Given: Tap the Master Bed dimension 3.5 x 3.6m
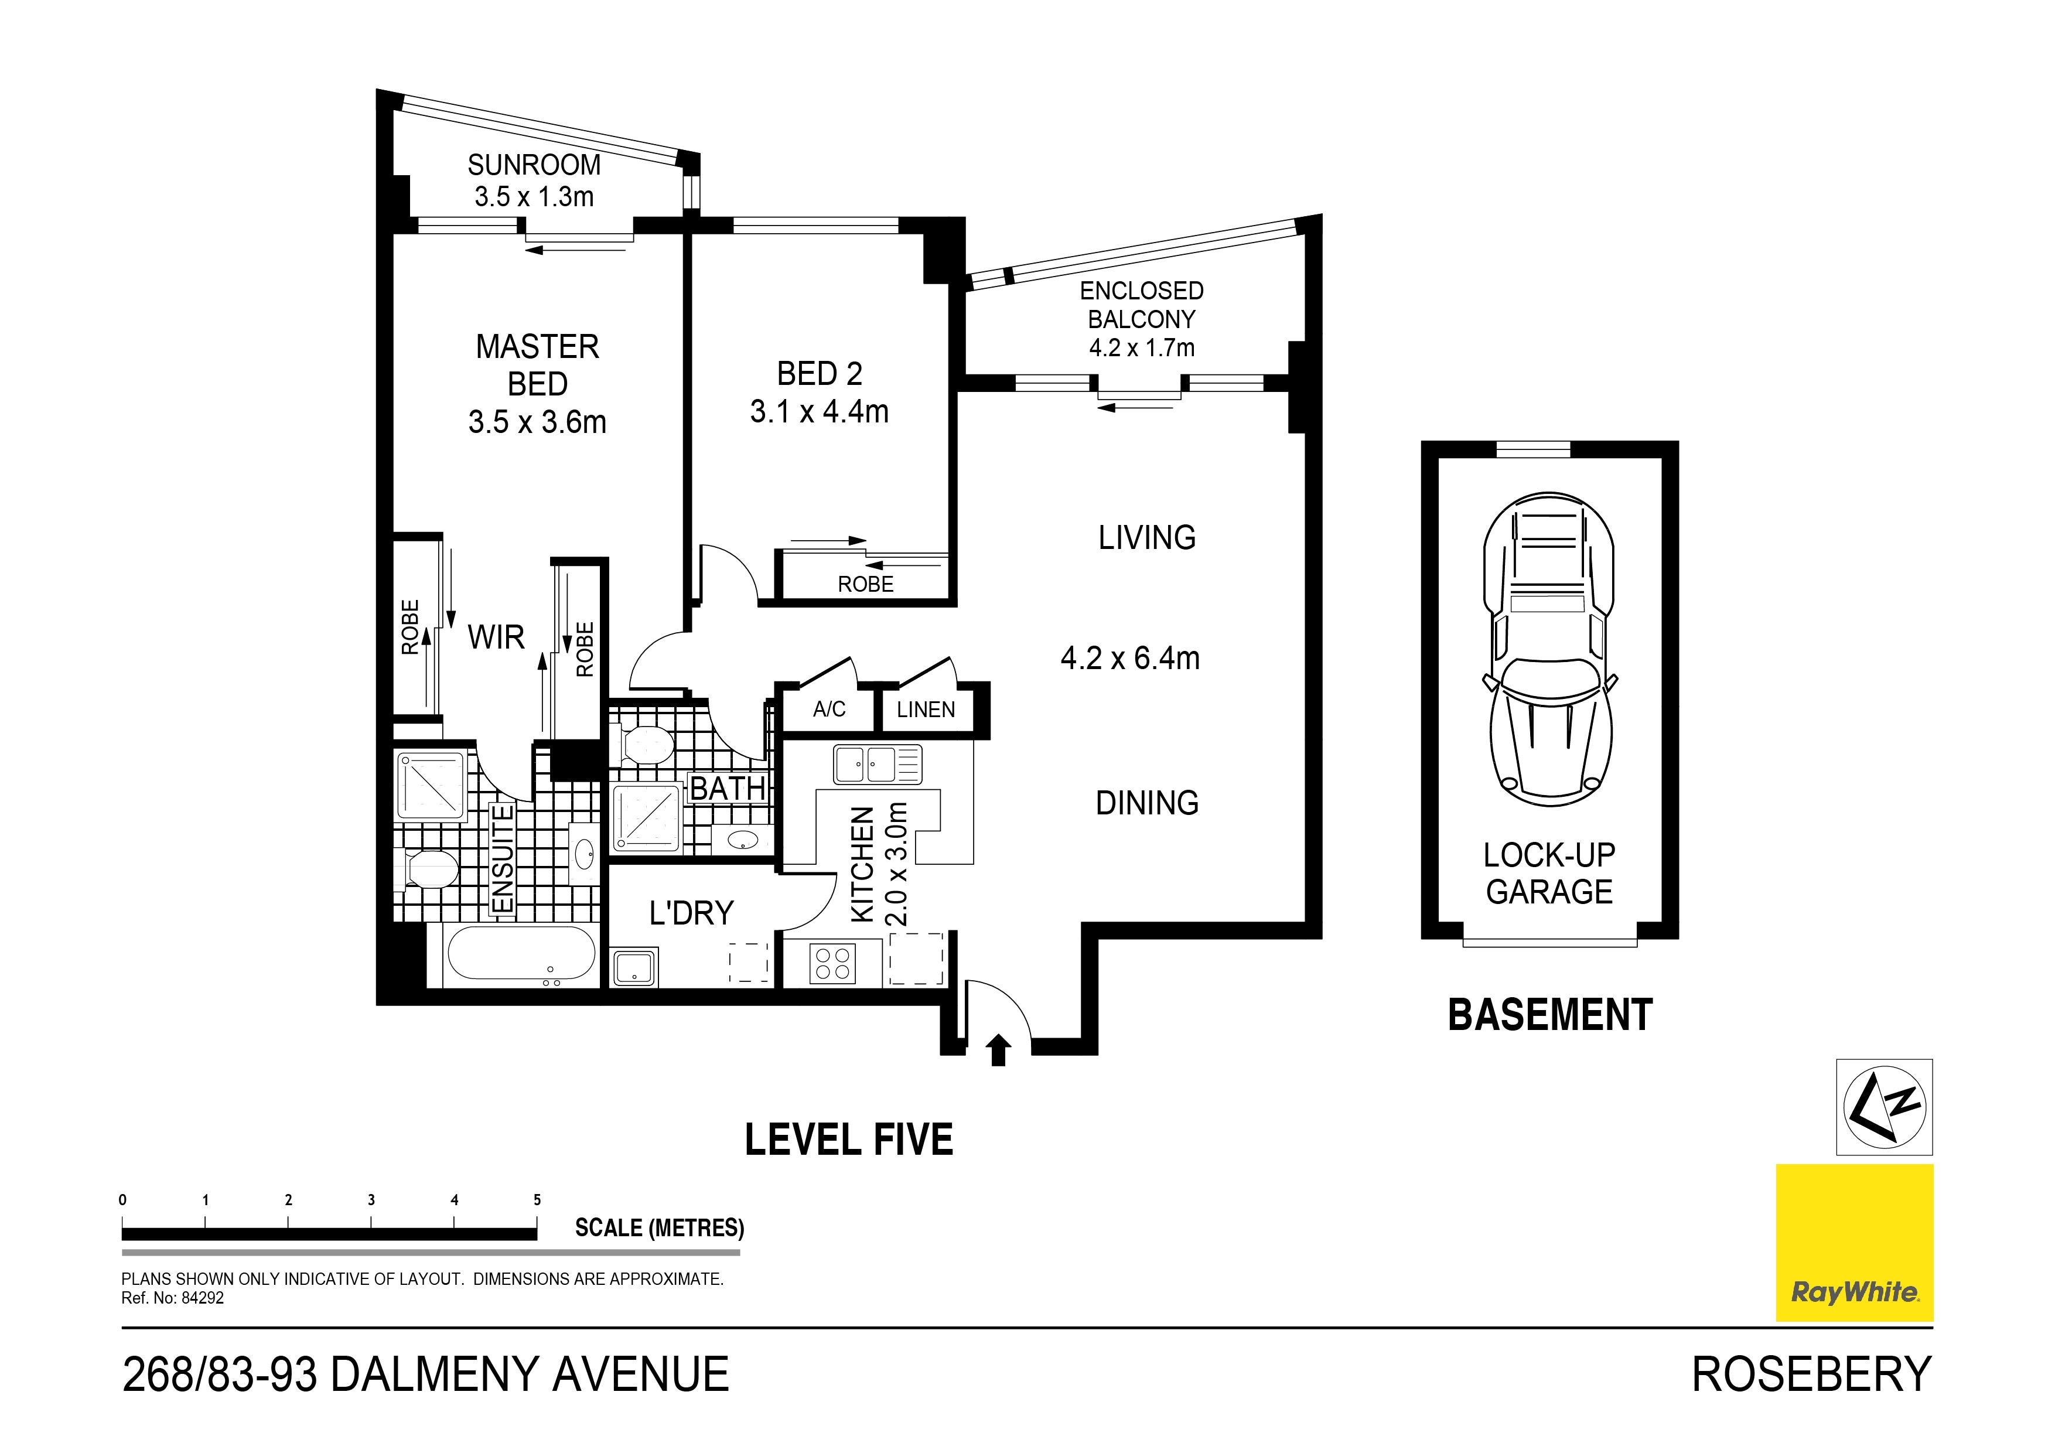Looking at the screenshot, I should click(x=537, y=422).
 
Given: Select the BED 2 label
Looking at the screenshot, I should click(x=819, y=373).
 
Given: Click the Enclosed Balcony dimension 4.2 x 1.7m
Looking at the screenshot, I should click(x=1141, y=347).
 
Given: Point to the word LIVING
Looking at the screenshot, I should click(x=1146, y=537).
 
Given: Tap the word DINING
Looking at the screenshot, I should click(x=1146, y=803).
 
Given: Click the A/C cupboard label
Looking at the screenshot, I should click(x=829, y=710).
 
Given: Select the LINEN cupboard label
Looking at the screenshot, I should click(x=926, y=710).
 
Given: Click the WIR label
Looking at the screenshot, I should click(x=496, y=637).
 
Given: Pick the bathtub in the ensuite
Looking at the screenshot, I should click(x=521, y=953).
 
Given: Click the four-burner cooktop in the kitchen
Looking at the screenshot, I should click(x=832, y=964).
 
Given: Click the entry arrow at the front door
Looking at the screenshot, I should click(x=999, y=1049).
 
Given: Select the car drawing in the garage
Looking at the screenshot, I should click(x=1549, y=648).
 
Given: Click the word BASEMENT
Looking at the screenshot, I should click(x=1549, y=1015).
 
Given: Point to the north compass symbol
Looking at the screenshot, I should click(x=1884, y=1107).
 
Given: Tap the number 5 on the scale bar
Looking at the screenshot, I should click(x=537, y=1200).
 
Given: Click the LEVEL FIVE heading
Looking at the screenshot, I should click(x=848, y=1140).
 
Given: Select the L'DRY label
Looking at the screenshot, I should click(x=691, y=913).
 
